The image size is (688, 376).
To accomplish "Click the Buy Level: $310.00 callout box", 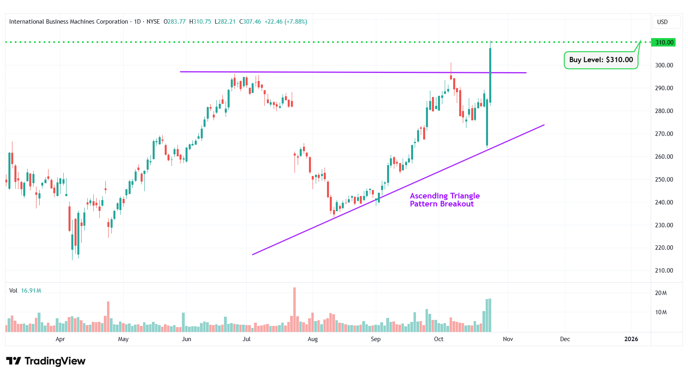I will point(601,60).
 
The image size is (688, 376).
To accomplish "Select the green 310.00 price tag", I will point(664,42).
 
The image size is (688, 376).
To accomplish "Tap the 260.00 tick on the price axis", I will point(664,157).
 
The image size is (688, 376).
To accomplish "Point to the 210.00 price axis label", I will point(664,271).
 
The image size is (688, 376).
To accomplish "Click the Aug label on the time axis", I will point(313,339).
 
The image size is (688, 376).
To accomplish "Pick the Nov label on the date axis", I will point(508,339).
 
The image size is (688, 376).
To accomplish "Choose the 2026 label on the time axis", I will point(631,339).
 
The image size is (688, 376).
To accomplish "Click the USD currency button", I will point(662,22).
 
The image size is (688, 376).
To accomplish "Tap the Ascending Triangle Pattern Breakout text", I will point(444,200).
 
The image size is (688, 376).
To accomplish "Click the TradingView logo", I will point(46,361).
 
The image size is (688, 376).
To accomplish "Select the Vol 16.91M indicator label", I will point(25,291).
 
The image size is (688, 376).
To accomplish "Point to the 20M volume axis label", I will point(661,293).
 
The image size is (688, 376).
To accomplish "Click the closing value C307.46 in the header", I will point(250,22).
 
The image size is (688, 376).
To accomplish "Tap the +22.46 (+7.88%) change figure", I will point(286,22).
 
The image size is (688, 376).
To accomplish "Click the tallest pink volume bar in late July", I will point(295,309).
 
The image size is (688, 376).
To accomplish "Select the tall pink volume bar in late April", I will point(108,317).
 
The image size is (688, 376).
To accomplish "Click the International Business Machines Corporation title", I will point(69,22).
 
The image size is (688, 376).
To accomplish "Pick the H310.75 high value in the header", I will point(200,22).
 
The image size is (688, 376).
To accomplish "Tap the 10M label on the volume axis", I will point(661,312).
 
